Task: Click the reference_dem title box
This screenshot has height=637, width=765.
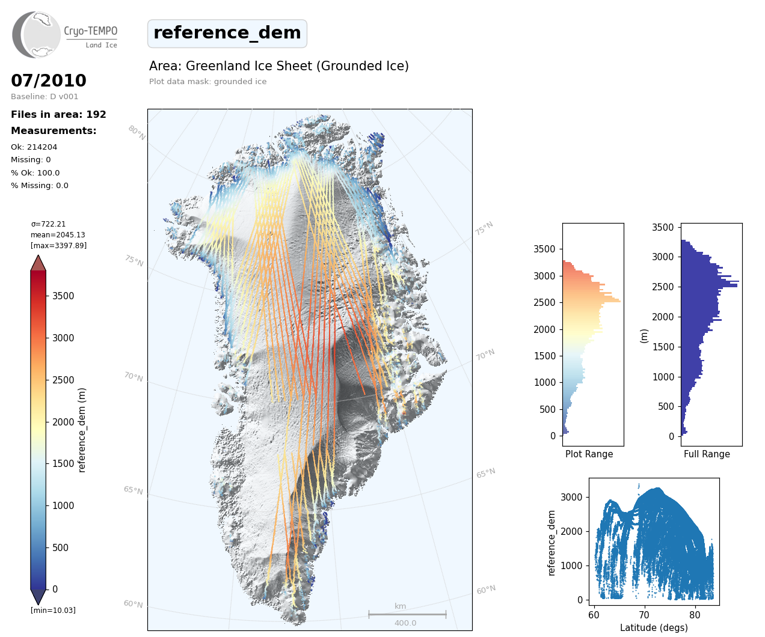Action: (227, 33)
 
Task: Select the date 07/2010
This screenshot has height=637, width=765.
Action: (49, 81)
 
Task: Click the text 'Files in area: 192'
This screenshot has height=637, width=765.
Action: (58, 115)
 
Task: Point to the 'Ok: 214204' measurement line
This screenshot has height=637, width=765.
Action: (34, 147)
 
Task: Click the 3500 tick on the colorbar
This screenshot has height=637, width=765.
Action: (63, 296)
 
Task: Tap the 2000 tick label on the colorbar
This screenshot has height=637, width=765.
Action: (63, 422)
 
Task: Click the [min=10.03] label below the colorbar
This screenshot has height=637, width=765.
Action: (53, 611)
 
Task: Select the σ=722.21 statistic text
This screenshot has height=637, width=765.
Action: (49, 224)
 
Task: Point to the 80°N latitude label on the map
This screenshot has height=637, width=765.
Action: (137, 133)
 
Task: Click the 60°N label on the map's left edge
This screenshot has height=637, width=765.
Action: (134, 604)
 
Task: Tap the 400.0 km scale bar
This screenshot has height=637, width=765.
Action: (407, 615)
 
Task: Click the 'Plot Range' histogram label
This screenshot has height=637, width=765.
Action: (589, 454)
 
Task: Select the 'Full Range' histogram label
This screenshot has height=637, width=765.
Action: (707, 454)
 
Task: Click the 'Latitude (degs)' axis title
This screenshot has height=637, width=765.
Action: (654, 628)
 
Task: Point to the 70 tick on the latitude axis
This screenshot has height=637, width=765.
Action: (644, 615)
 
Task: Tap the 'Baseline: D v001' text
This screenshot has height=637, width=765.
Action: (45, 97)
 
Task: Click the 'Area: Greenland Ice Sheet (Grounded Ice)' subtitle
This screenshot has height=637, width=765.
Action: (279, 66)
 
